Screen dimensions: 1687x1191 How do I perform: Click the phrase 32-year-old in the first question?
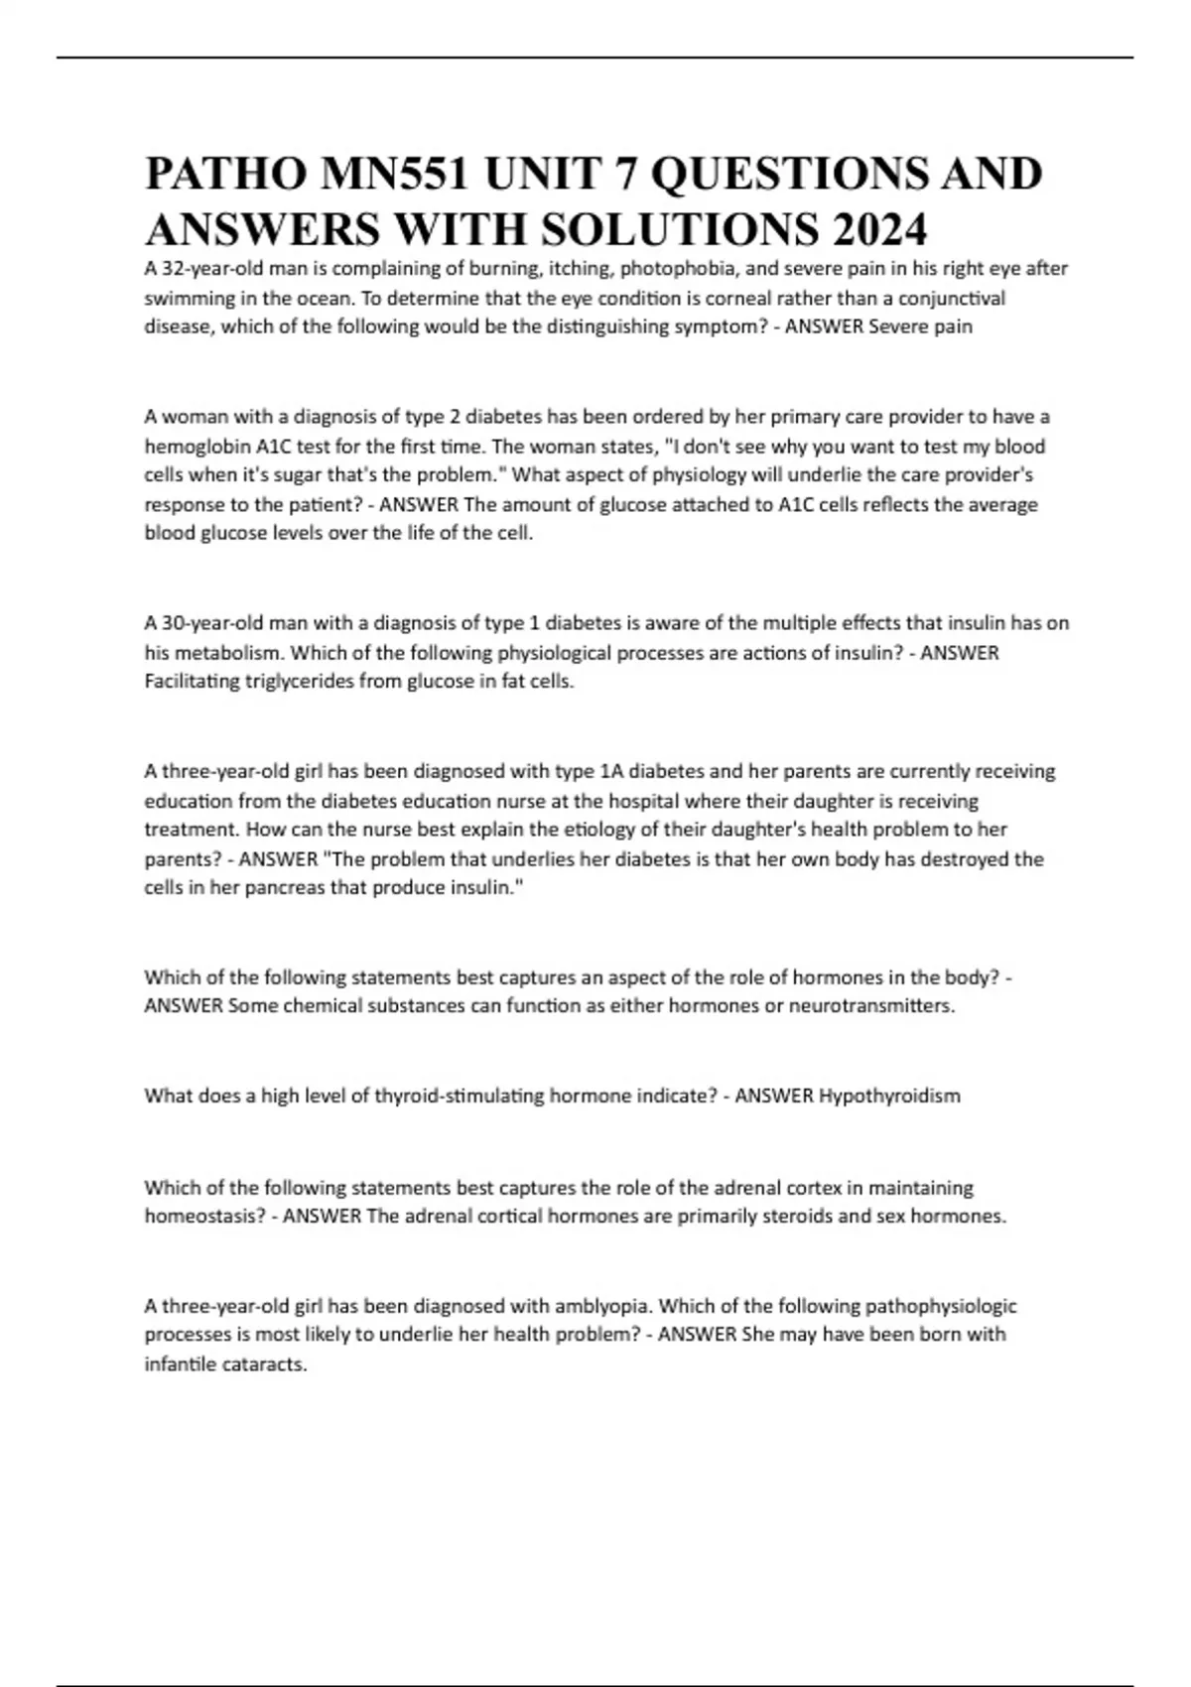pos(207,268)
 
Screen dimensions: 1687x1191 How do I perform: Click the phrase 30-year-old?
pos(207,623)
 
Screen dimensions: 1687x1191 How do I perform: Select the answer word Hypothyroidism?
pos(889,1096)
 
